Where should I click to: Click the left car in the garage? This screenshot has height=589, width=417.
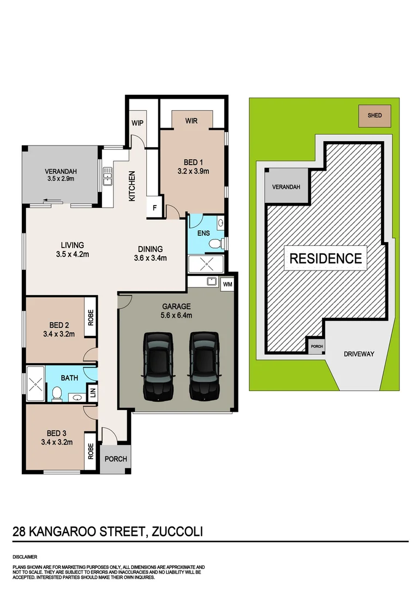point(158,365)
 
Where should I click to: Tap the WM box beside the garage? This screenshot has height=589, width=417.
point(228,284)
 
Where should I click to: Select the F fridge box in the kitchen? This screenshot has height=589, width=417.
point(155,208)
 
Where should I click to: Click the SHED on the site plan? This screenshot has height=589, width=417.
point(374,116)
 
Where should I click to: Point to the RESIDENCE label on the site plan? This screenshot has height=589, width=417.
point(325,258)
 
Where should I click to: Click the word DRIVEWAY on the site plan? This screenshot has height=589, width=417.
point(359,354)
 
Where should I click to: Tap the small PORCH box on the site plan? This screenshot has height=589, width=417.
point(316,346)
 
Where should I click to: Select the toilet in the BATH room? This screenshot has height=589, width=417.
point(56,394)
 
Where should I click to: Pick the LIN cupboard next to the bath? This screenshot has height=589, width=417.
point(92,392)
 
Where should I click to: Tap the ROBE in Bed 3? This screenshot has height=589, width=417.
point(90,452)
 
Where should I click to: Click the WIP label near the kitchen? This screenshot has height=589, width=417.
point(137,123)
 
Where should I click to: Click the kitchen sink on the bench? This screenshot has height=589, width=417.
point(108,176)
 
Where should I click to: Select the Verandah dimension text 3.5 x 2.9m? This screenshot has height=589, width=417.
point(61,178)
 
